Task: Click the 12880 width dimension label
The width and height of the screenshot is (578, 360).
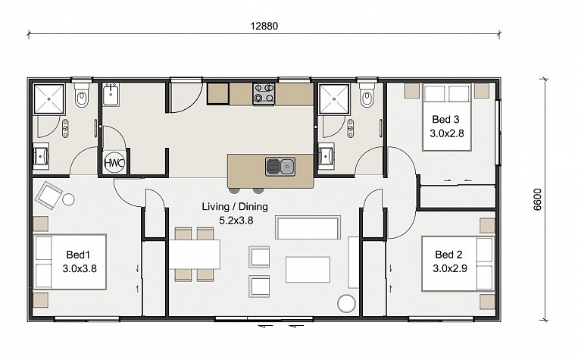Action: [264, 27]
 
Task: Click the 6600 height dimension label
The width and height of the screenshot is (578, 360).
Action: [537, 199]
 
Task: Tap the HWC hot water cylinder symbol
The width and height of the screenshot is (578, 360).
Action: [114, 163]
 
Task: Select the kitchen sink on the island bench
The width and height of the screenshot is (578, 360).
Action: [280, 166]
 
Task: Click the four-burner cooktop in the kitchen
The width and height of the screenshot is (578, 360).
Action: [264, 94]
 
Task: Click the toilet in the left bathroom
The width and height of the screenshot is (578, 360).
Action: [82, 94]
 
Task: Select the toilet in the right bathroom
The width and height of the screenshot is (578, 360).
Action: [367, 94]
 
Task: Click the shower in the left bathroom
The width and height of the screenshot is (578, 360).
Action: [49, 99]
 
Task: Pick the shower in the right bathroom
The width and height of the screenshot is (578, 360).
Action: [334, 99]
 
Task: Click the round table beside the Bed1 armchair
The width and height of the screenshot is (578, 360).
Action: [68, 199]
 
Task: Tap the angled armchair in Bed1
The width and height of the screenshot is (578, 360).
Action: [48, 196]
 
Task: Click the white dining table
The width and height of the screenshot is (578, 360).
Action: [195, 254]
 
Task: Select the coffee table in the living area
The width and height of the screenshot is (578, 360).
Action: [308, 270]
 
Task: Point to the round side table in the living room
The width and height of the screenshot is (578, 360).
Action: [346, 304]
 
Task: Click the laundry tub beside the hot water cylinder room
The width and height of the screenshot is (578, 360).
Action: [111, 95]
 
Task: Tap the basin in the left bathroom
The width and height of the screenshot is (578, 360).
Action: [41, 155]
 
